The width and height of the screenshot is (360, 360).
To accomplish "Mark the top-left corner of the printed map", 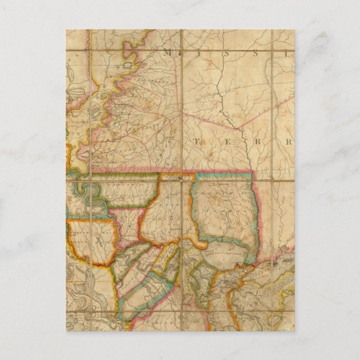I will click(66, 30).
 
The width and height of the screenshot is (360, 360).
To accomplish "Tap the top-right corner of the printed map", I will click(295, 30).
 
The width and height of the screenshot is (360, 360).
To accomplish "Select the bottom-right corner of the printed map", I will click(295, 330).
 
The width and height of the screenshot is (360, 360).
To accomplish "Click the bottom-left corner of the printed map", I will click(66, 330).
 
